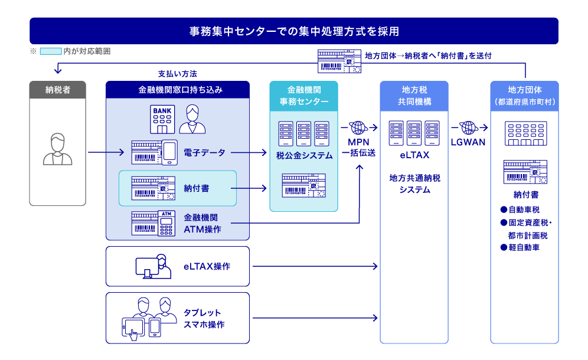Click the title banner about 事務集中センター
pyautogui.click(x=293, y=31)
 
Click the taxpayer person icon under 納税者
pyautogui.click(x=57, y=149)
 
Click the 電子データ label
pyautogui.click(x=204, y=153)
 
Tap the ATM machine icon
pyautogui.click(x=165, y=223)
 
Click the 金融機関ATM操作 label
pyautogui.click(x=202, y=223)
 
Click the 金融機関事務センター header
pyautogui.click(x=303, y=96)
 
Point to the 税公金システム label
pyautogui.click(x=303, y=156)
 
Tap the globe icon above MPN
pyautogui.click(x=358, y=127)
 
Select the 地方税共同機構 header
pyautogui.click(x=414, y=96)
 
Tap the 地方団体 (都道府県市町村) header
pyautogui.click(x=524, y=96)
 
